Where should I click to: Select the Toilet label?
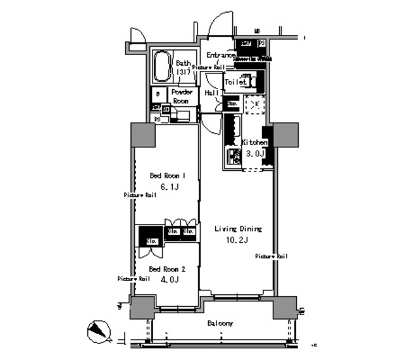(x=235, y=82)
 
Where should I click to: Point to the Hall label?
(x=211, y=92)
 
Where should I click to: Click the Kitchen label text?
(x=254, y=143)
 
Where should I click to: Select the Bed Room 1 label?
(x=167, y=175)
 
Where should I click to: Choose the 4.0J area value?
(x=168, y=279)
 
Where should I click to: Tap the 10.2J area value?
(x=237, y=240)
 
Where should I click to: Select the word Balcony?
(x=220, y=323)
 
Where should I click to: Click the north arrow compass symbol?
(x=98, y=330)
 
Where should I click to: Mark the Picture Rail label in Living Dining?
(x=271, y=256)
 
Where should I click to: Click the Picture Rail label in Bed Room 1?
(x=139, y=196)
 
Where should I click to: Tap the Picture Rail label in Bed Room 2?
(x=134, y=278)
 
